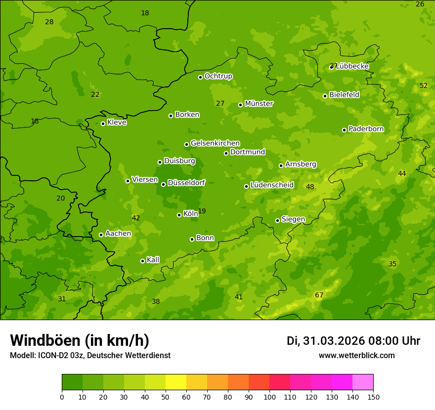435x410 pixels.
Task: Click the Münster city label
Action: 259,104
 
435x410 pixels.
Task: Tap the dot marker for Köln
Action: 179,215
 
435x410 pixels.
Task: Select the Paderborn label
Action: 366,129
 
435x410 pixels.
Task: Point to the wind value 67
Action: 319,295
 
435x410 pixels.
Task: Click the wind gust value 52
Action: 424,85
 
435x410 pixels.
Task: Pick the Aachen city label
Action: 118,234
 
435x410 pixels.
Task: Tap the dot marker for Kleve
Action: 103,123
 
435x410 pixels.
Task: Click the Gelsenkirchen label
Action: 215,143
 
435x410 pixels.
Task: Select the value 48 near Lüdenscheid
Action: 310,187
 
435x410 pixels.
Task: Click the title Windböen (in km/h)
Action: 80,340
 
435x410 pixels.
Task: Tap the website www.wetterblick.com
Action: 356,355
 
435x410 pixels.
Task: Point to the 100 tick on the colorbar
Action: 269,397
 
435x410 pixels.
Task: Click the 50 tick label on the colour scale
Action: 166,397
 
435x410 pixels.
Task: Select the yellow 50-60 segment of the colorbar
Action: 176,382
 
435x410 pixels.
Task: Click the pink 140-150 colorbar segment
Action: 363,382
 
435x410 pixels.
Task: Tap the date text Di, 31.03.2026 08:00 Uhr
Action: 353,341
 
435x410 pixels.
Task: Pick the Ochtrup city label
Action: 218,76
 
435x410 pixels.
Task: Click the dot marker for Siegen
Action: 277,220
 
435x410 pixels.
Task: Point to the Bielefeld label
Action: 344,95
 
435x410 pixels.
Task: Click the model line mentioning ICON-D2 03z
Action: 90,356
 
